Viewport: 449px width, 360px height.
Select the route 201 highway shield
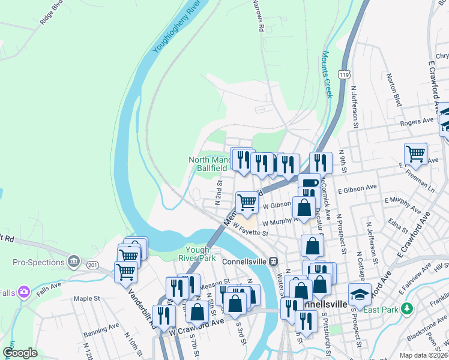[92, 265]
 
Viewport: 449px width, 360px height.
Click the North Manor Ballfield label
[210, 164]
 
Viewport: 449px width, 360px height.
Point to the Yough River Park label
[200, 254]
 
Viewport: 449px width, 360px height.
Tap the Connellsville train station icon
[273, 262]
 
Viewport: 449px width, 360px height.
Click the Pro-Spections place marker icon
[74, 261]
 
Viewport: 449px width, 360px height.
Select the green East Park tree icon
[407, 308]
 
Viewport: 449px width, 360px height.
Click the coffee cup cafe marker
[309, 183]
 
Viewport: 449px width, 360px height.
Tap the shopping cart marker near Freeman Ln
[415, 154]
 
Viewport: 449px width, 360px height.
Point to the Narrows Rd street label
[258, 16]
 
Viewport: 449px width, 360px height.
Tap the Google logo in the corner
[20, 353]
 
